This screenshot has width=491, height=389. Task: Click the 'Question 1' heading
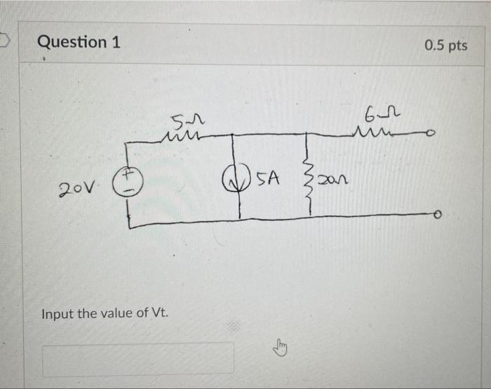[x=79, y=42]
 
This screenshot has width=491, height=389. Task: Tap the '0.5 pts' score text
[x=445, y=46]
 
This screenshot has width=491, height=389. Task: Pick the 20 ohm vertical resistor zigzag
[x=306, y=184]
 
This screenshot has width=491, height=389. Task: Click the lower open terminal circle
[x=437, y=216]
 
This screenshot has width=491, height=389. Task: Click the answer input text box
[x=138, y=358]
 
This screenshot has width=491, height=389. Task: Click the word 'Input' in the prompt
[x=57, y=313]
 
